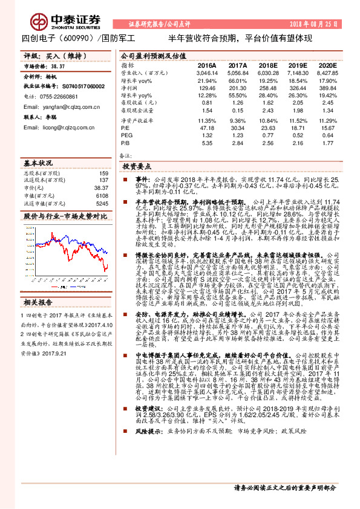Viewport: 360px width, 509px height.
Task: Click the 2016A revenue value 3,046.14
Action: pyautogui.click(x=206, y=72)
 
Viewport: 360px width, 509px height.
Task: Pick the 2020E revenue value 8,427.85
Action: pyautogui.click(x=327, y=72)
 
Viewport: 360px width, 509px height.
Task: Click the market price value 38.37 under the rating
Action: pyautogui.click(x=58, y=66)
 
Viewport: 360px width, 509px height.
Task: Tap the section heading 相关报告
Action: pyautogui.click(x=41, y=302)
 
